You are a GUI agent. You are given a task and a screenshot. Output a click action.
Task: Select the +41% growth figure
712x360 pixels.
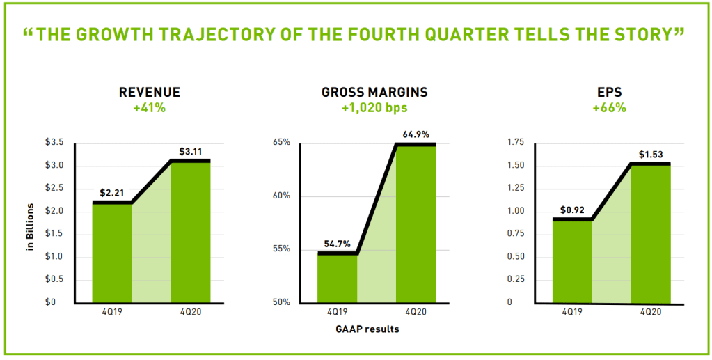pos(150,108)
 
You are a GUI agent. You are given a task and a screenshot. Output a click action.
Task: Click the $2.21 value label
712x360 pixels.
pos(111,192)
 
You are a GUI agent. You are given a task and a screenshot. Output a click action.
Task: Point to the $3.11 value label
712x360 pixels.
pos(191,150)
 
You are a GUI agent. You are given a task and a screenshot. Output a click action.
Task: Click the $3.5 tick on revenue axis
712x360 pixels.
pos(55,143)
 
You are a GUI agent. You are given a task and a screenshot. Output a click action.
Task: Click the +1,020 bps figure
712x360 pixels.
pos(374,108)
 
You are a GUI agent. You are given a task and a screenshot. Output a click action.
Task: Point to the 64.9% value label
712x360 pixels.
pos(416,134)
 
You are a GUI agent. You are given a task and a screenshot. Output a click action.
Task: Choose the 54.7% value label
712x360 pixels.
pos(338,244)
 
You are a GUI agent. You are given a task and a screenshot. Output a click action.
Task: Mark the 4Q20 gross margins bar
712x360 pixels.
pos(416,223)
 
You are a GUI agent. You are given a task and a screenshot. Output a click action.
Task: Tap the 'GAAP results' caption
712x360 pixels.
pos(374,329)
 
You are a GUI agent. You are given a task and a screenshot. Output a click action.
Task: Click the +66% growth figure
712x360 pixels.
pos(610,108)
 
